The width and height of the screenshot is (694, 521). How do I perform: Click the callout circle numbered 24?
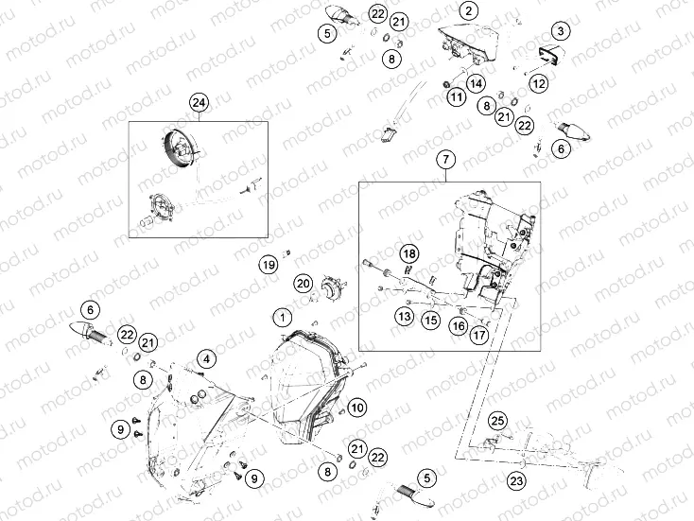tap(199, 103)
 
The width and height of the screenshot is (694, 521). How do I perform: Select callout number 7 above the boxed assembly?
tap(445, 159)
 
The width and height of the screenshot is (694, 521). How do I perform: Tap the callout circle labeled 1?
tap(283, 317)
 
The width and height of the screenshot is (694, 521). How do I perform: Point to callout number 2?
tap(468, 10)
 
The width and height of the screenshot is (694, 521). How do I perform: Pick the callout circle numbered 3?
tap(561, 31)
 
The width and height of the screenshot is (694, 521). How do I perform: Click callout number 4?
tap(206, 359)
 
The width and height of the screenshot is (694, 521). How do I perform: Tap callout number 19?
tap(269, 265)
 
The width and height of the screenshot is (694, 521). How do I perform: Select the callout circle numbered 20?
tap(304, 283)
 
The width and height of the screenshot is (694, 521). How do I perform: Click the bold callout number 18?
tap(409, 253)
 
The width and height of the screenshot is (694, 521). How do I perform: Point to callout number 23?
tap(516, 480)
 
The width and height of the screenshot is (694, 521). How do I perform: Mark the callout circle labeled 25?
tap(497, 421)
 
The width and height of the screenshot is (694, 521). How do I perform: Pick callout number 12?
tap(539, 83)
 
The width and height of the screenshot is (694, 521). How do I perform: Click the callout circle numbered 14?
tap(476, 83)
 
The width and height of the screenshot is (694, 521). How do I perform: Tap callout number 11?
tap(457, 96)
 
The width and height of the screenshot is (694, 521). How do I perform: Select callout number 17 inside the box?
tap(478, 335)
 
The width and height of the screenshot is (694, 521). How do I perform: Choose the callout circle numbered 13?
tap(404, 316)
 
